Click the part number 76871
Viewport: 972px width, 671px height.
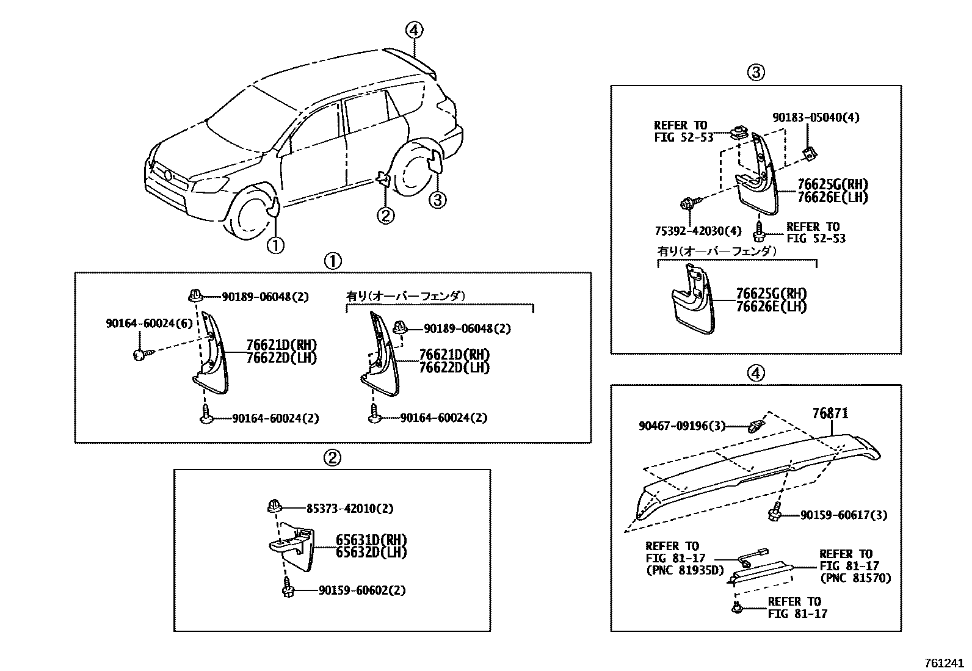click(830, 413)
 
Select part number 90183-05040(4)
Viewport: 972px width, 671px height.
click(815, 117)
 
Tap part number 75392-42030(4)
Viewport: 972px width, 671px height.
click(697, 231)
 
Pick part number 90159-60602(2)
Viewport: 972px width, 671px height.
click(361, 590)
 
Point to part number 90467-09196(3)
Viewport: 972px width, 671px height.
click(683, 426)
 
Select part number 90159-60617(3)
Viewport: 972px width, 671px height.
click(844, 515)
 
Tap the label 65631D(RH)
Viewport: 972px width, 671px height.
click(371, 540)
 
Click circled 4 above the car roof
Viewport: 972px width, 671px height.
click(414, 29)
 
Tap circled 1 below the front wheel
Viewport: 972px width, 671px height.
click(275, 245)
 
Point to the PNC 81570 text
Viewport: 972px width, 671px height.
click(855, 578)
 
